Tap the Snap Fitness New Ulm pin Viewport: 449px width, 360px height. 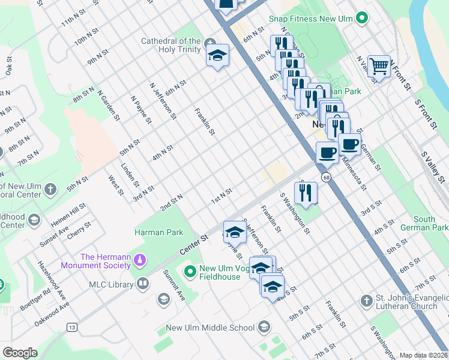point(361,19)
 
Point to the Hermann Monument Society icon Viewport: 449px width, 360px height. point(140,260)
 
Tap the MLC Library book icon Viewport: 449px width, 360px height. point(143,283)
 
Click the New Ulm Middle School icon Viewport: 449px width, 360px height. point(263,327)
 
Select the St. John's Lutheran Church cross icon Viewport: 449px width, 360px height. point(366,299)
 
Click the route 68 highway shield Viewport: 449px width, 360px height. point(325,177)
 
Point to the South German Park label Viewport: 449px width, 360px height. point(432,224)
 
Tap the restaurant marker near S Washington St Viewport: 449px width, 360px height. point(306,192)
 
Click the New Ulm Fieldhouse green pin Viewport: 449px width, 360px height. point(191,272)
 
